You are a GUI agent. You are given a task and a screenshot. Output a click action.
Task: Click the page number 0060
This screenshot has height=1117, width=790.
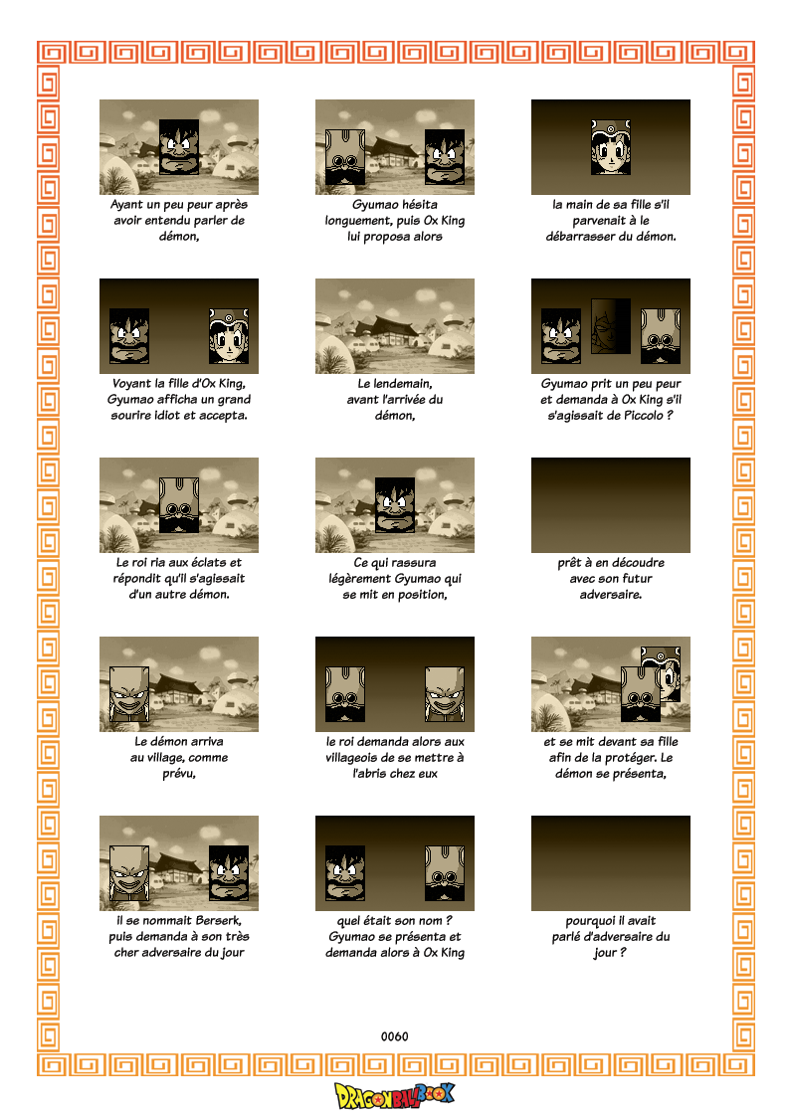point(394,1036)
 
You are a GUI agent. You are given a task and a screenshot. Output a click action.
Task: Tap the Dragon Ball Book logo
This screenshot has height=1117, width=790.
point(394,1096)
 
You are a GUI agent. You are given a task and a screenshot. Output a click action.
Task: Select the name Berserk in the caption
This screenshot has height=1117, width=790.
point(217,920)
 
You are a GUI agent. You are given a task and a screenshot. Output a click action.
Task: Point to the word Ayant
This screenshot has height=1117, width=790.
point(126,205)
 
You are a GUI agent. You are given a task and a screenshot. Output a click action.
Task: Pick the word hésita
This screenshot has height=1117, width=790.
point(420,205)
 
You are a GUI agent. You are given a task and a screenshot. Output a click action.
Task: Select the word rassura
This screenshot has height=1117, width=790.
point(413,563)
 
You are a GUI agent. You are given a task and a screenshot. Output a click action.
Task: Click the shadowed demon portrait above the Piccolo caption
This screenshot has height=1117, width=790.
point(611,326)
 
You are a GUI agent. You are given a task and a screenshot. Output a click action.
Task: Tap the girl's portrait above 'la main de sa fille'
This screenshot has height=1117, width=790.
point(611,147)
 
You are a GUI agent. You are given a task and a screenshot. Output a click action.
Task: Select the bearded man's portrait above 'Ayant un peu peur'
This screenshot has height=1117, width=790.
point(179,147)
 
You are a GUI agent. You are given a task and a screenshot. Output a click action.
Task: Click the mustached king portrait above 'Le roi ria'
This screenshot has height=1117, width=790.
point(179,505)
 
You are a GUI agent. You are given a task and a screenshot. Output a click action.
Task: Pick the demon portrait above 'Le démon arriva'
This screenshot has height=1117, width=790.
point(129,694)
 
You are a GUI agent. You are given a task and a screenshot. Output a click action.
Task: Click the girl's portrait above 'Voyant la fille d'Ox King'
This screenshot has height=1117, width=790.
point(229,336)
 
